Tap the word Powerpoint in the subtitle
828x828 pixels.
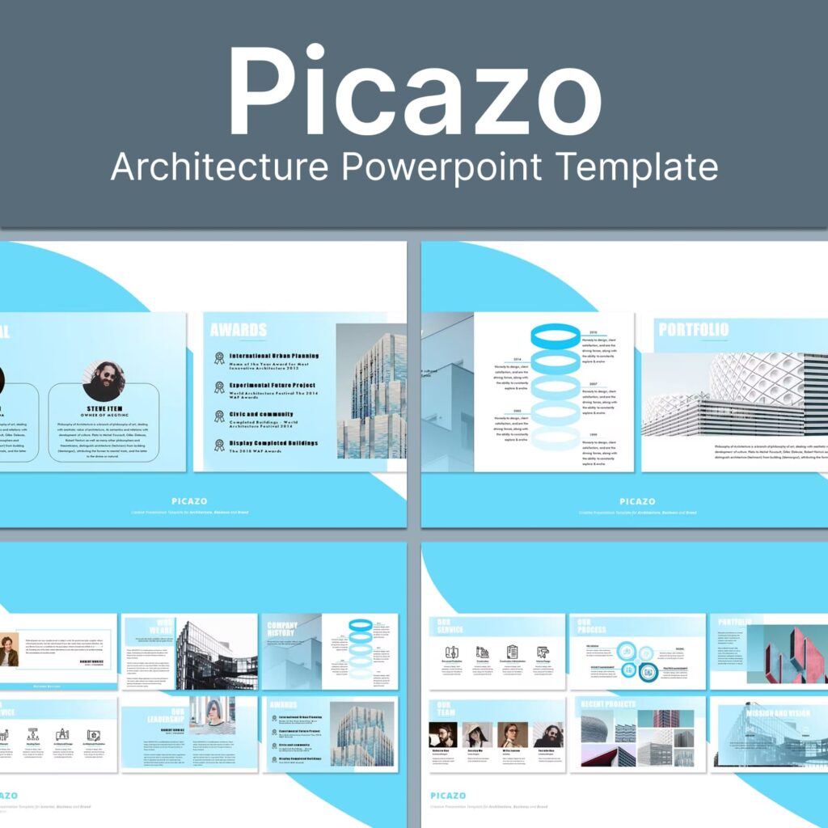[x=441, y=168]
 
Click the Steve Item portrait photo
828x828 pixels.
[x=103, y=381]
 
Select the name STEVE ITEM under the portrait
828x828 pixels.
[x=103, y=409]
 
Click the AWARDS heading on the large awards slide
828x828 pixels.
[x=239, y=330]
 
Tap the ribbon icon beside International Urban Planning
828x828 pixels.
[x=219, y=357]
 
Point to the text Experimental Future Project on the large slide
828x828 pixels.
[x=272, y=385]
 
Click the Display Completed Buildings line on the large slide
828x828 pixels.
[x=273, y=443]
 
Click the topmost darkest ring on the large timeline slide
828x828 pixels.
[x=556, y=336]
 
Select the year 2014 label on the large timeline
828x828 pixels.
[x=516, y=359]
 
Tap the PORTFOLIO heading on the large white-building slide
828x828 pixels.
[x=693, y=330]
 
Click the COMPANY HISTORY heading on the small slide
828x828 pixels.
[x=282, y=630]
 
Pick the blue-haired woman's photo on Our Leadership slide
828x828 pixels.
[x=219, y=715]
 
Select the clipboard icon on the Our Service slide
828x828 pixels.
[x=512, y=652]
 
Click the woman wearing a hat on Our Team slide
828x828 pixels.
[x=478, y=734]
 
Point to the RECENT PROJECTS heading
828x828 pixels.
[x=609, y=704]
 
